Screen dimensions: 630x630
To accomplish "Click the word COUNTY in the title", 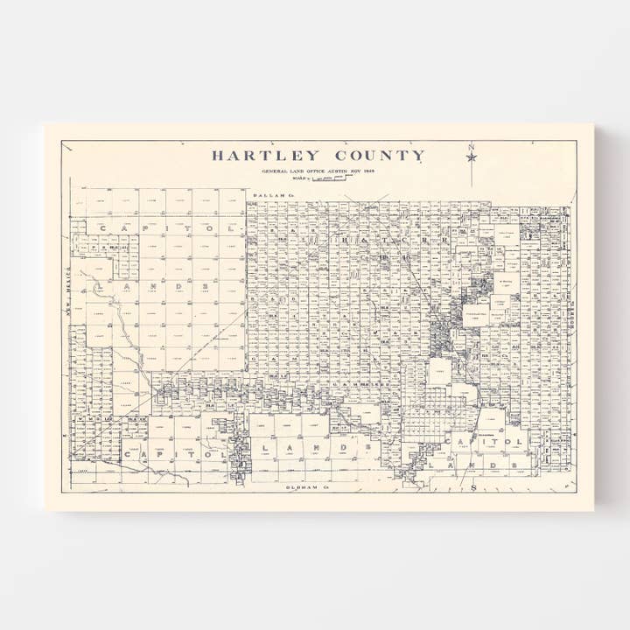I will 378,156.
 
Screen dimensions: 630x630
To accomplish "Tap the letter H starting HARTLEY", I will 218,156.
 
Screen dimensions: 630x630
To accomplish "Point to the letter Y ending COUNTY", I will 419,156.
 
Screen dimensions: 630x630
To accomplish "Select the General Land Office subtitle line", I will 318,171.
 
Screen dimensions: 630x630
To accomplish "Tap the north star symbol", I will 472,157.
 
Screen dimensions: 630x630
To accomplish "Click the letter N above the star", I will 471,146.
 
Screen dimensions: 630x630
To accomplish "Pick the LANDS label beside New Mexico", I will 153,285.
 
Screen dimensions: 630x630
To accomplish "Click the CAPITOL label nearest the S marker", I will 486,443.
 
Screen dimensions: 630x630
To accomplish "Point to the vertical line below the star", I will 472,175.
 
